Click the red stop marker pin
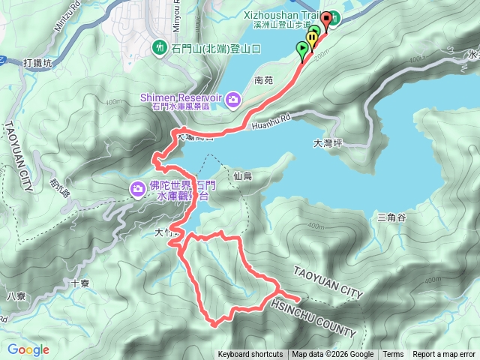tap(326, 19)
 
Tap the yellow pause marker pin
tap(310, 38)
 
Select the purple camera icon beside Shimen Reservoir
tap(233, 99)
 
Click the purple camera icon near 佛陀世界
tap(138, 188)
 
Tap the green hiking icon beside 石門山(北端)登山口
tap(160, 48)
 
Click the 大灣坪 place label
tap(326, 142)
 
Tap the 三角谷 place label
tap(391, 217)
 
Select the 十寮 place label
tap(79, 283)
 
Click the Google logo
tap(28, 349)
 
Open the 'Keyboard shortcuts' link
tap(250, 355)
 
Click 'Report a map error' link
tap(444, 355)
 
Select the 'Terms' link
tap(393, 355)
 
